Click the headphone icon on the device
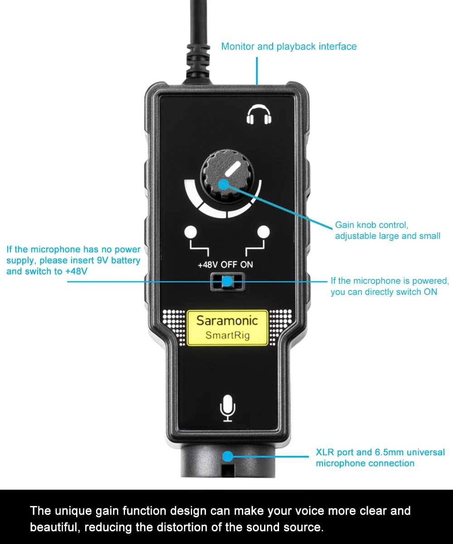(x=259, y=115)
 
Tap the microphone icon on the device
(x=227, y=408)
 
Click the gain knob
(x=227, y=176)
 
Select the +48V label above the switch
(x=208, y=265)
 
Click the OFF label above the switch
(x=229, y=265)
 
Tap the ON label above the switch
(x=246, y=265)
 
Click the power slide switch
(x=227, y=282)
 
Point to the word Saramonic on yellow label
(x=227, y=320)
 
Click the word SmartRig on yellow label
(x=227, y=335)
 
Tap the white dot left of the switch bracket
(x=191, y=232)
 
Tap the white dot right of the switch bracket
(x=264, y=232)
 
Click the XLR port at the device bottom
(x=227, y=462)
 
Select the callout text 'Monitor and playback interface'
(x=289, y=46)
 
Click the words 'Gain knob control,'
(x=371, y=225)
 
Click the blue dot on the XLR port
(x=228, y=456)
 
